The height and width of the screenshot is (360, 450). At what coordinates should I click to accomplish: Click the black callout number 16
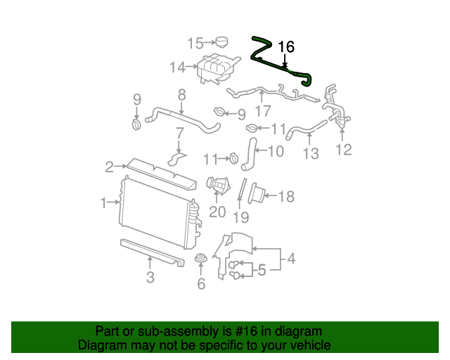(x=285, y=47)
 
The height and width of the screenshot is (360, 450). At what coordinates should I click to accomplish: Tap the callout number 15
(x=195, y=44)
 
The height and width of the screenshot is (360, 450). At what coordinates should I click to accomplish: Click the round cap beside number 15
(x=224, y=41)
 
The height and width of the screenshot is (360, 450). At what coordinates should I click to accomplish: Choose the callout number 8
(x=181, y=94)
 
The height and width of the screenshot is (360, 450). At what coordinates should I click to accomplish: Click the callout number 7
(x=179, y=132)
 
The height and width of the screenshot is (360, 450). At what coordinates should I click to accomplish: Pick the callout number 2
(x=110, y=167)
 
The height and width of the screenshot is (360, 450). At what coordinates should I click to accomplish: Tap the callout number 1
(x=104, y=203)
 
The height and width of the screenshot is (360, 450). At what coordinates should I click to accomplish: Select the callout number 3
(x=150, y=277)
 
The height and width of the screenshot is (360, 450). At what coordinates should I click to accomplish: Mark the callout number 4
(x=290, y=259)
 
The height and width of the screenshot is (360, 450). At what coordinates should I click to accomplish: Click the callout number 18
(x=286, y=197)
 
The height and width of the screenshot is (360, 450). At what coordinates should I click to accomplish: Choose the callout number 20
(x=217, y=212)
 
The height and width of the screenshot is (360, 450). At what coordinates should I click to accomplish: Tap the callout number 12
(x=343, y=149)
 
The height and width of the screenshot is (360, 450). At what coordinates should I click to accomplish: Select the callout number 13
(x=310, y=153)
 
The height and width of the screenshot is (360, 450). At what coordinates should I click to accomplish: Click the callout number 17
(x=262, y=111)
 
